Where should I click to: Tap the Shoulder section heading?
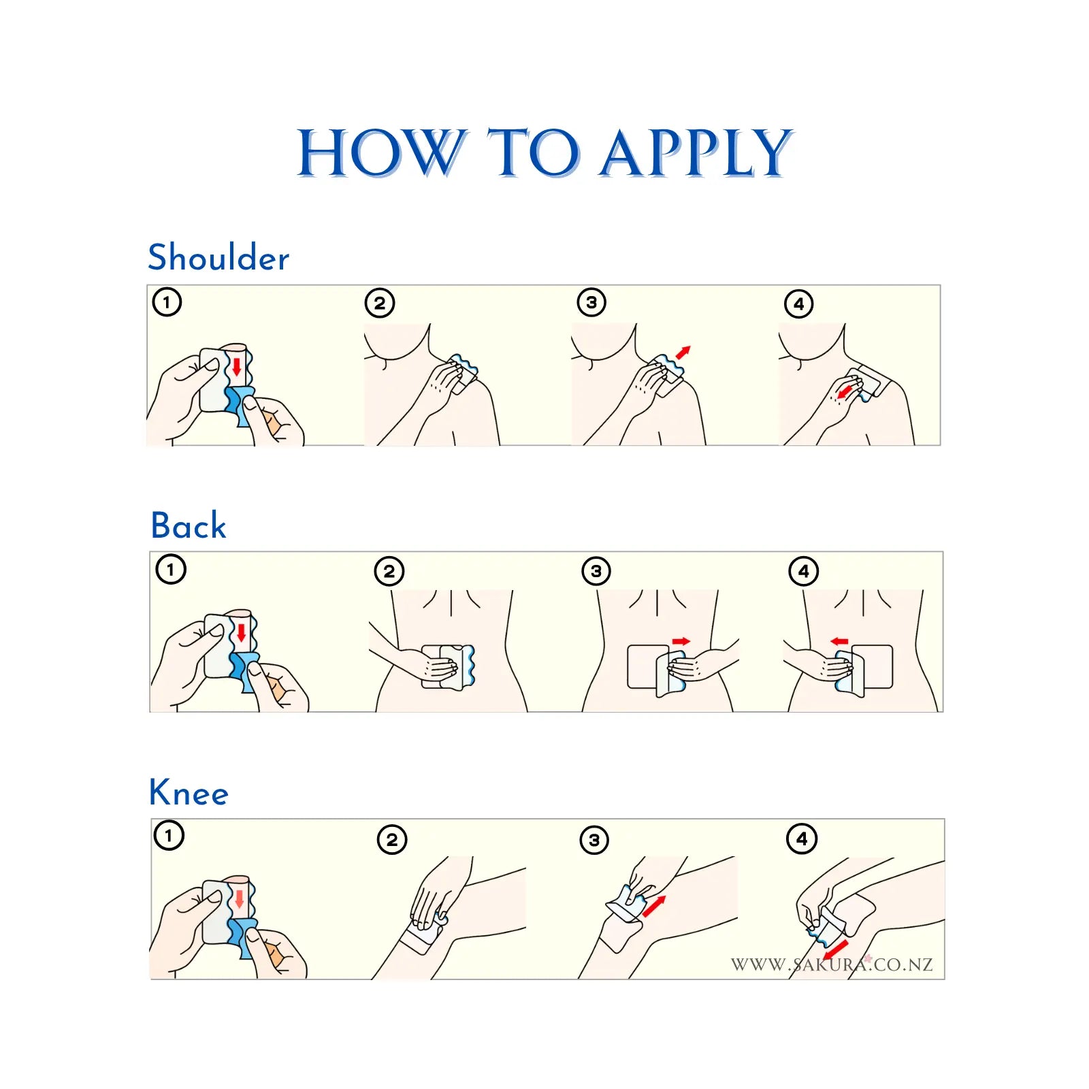tap(218, 257)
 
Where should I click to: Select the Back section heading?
tap(189, 525)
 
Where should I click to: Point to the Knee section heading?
tap(189, 792)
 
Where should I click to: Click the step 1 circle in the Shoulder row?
tap(167, 302)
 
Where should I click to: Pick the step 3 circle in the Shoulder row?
tap(591, 302)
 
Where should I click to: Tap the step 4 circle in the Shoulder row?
tap(799, 304)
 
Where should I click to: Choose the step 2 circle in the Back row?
tap(389, 571)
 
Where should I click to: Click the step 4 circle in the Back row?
tap(804, 571)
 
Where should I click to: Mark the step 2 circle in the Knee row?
tap(392, 840)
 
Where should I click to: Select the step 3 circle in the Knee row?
tap(594, 840)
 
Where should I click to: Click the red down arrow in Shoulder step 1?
tap(236, 366)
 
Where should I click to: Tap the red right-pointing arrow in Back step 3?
tap(681, 641)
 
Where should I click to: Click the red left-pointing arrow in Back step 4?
tap(840, 641)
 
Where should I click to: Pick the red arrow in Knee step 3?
tap(654, 906)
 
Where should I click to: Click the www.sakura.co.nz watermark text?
tap(832, 964)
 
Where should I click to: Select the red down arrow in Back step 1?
tap(241, 633)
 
